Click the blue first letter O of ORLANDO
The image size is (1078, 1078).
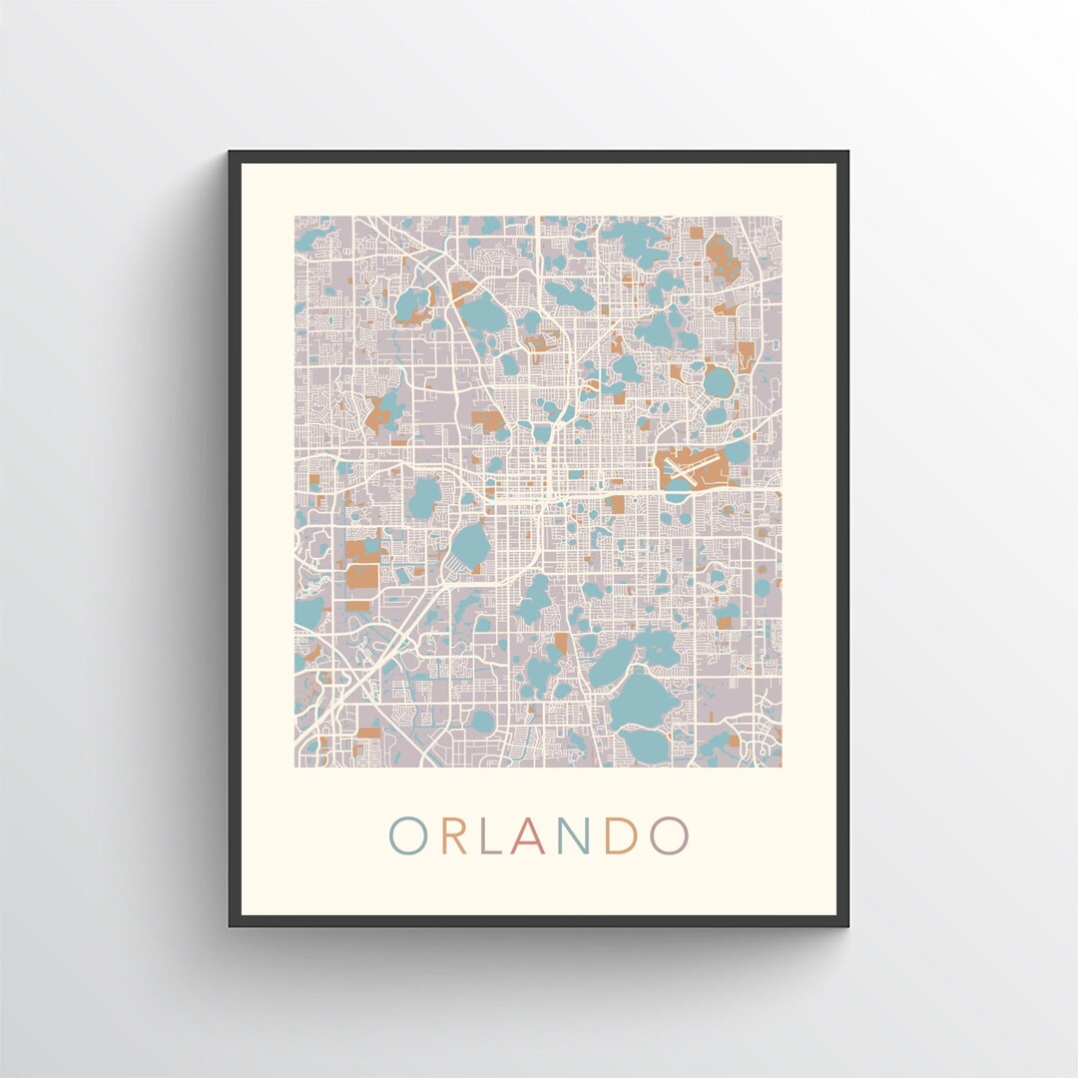click(x=408, y=836)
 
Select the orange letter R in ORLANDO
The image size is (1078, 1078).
click(x=454, y=836)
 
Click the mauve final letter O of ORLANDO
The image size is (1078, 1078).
click(x=669, y=836)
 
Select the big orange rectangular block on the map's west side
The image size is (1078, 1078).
click(x=362, y=577)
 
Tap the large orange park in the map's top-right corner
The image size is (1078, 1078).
click(x=721, y=258)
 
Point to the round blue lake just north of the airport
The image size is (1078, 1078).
click(x=718, y=381)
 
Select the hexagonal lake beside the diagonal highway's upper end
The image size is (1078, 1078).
click(x=470, y=544)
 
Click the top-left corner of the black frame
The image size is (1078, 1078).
click(x=231, y=153)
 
